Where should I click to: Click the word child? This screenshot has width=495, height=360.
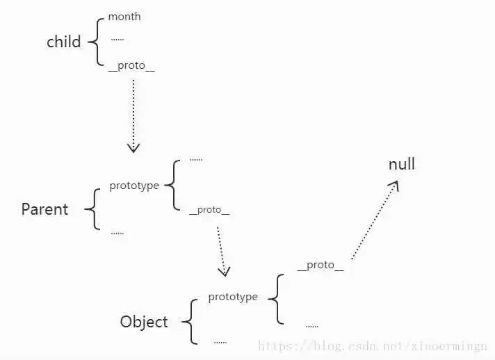(x=64, y=42)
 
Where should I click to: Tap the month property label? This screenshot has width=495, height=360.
(x=124, y=17)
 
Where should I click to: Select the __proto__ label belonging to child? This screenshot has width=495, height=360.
(x=131, y=65)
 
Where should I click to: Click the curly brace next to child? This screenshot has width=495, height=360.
(x=96, y=42)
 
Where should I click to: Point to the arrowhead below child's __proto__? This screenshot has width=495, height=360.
(x=133, y=148)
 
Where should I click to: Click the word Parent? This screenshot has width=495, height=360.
(x=44, y=209)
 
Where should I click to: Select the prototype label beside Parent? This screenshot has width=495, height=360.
(x=134, y=186)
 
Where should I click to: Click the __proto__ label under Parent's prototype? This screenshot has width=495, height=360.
(x=209, y=210)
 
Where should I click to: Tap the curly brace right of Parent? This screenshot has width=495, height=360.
(x=92, y=209)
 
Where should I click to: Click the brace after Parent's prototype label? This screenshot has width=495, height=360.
(x=172, y=185)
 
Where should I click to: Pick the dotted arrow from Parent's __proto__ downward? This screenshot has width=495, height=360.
(x=222, y=252)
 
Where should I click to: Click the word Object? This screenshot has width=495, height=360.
(x=144, y=322)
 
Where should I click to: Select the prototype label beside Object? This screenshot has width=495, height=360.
(x=233, y=297)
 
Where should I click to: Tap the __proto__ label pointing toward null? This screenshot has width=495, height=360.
(x=320, y=265)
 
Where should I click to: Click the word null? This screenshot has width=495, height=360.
(x=402, y=164)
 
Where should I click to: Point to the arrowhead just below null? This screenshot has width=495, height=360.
(x=394, y=185)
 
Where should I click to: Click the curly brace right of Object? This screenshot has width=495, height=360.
(x=190, y=322)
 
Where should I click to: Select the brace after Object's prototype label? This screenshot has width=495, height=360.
(x=276, y=299)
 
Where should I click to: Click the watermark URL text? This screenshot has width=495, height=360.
(x=373, y=346)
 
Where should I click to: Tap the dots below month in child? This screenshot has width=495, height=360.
(x=117, y=40)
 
